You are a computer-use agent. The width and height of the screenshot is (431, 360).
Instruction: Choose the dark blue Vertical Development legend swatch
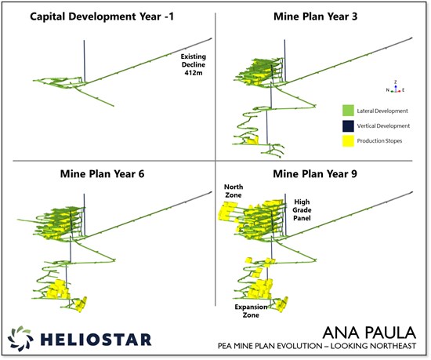click(x=350, y=126)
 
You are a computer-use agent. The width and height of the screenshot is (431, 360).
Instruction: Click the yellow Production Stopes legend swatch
click(x=350, y=141)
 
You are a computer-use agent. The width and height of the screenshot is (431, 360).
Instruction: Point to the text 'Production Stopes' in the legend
click(x=384, y=141)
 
